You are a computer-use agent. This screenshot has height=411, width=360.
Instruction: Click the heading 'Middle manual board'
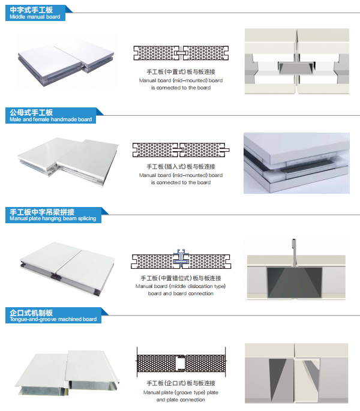(35, 17)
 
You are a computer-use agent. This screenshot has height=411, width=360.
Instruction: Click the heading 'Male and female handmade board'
(51, 119)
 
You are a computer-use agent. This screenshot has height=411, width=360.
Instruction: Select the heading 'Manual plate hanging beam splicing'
(53, 218)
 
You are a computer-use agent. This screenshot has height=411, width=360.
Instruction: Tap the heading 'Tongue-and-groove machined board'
(53, 319)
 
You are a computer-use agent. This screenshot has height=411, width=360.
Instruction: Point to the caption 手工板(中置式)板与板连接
(181, 72)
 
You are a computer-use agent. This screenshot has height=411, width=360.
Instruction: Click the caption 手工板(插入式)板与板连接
(181, 166)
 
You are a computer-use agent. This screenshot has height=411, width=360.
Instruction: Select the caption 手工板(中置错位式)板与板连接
(181, 278)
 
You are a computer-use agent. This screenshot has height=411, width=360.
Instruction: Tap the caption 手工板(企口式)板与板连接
(181, 383)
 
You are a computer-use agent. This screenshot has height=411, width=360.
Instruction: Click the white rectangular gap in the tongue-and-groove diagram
(180, 363)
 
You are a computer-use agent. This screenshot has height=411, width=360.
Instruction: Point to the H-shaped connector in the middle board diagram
(181, 53)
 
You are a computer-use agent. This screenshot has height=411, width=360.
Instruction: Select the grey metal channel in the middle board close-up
(296, 68)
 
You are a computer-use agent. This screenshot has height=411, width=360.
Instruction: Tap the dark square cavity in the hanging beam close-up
(295, 283)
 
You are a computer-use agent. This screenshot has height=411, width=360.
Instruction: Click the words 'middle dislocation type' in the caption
(197, 286)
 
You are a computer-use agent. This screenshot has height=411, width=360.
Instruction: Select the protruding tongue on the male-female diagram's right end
(227, 150)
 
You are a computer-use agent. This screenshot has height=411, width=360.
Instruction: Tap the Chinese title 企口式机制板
(31, 313)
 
